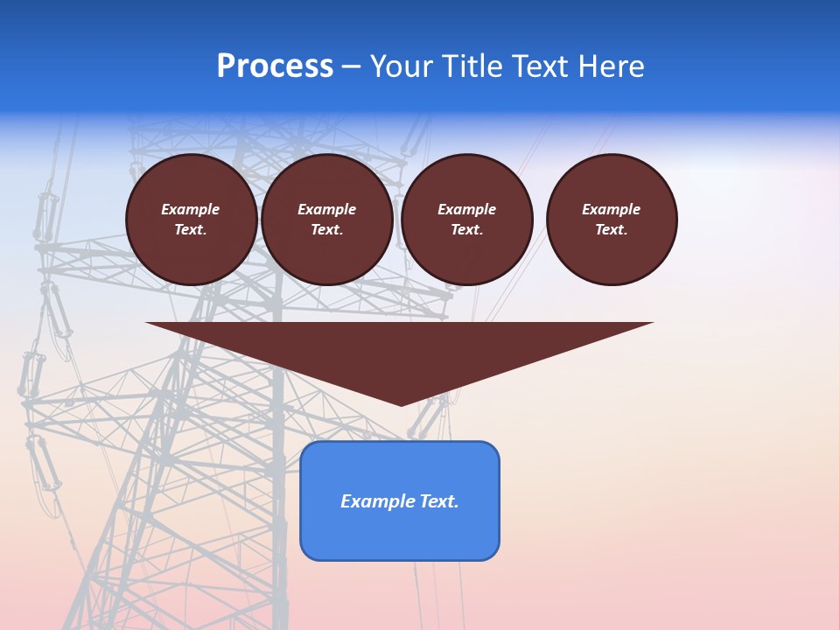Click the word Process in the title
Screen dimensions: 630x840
coord(275,66)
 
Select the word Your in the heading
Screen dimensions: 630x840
coord(402,66)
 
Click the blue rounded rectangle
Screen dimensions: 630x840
coord(400,534)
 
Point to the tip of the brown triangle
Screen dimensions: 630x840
coord(401,404)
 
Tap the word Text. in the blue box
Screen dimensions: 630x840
coord(440,501)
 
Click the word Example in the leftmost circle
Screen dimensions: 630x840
coord(191,210)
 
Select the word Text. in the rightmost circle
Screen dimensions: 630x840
coord(612,230)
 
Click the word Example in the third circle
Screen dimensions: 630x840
coord(466,210)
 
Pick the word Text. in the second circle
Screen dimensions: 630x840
coord(326,230)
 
